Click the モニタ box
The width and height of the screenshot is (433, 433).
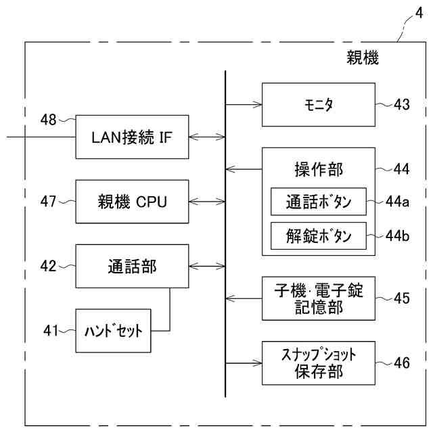[x=318, y=105]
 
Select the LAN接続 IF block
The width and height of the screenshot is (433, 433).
[x=131, y=137]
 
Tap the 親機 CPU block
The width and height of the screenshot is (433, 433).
[x=131, y=201]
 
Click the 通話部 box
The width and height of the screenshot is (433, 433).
[x=131, y=266]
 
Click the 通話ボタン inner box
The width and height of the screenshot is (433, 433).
[x=318, y=201]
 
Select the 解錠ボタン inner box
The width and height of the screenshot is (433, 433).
[x=318, y=234]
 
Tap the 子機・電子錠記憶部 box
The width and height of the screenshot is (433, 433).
[x=318, y=298]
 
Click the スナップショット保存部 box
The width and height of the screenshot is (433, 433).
[x=318, y=362]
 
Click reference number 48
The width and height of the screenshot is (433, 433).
[x=48, y=120]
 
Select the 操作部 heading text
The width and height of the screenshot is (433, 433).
[x=318, y=168]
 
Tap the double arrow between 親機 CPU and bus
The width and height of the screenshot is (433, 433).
[x=206, y=201]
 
